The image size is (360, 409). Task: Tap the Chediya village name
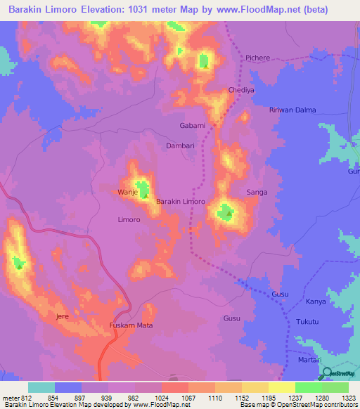[240, 91]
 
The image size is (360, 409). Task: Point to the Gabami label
[192, 126]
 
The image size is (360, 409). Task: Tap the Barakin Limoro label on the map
[180, 202]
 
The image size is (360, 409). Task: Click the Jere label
[62, 317]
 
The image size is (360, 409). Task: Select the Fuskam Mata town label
[131, 325]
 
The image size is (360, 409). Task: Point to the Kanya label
[316, 301]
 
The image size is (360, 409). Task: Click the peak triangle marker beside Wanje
[144, 196]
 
